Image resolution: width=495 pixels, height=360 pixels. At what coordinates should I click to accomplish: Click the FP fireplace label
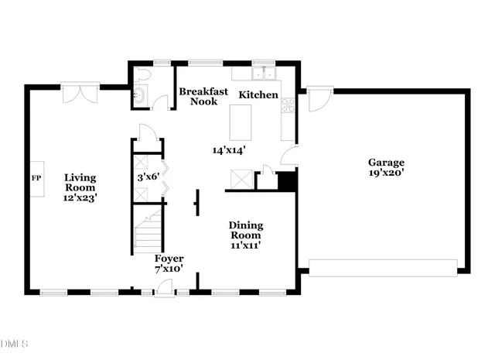point(35,178)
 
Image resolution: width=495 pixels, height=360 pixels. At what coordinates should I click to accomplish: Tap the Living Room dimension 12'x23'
point(80,198)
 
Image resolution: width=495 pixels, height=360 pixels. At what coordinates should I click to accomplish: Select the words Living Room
point(80,182)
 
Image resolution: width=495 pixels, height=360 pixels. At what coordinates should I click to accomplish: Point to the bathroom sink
point(139,96)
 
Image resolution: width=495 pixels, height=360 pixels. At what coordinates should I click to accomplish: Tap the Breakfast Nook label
point(203,96)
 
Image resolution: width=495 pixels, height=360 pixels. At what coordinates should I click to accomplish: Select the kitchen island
point(242,121)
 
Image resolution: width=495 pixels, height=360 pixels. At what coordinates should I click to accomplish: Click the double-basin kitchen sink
point(263,74)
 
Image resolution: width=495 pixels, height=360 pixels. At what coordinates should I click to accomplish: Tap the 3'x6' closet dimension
point(148,177)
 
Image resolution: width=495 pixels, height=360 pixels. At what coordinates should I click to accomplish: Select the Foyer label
point(169,258)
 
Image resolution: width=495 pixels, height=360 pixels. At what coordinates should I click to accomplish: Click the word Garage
point(385,163)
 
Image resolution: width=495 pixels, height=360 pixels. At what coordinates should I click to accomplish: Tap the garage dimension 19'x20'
point(385,173)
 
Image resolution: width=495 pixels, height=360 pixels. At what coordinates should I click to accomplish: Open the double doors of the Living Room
point(80,94)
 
